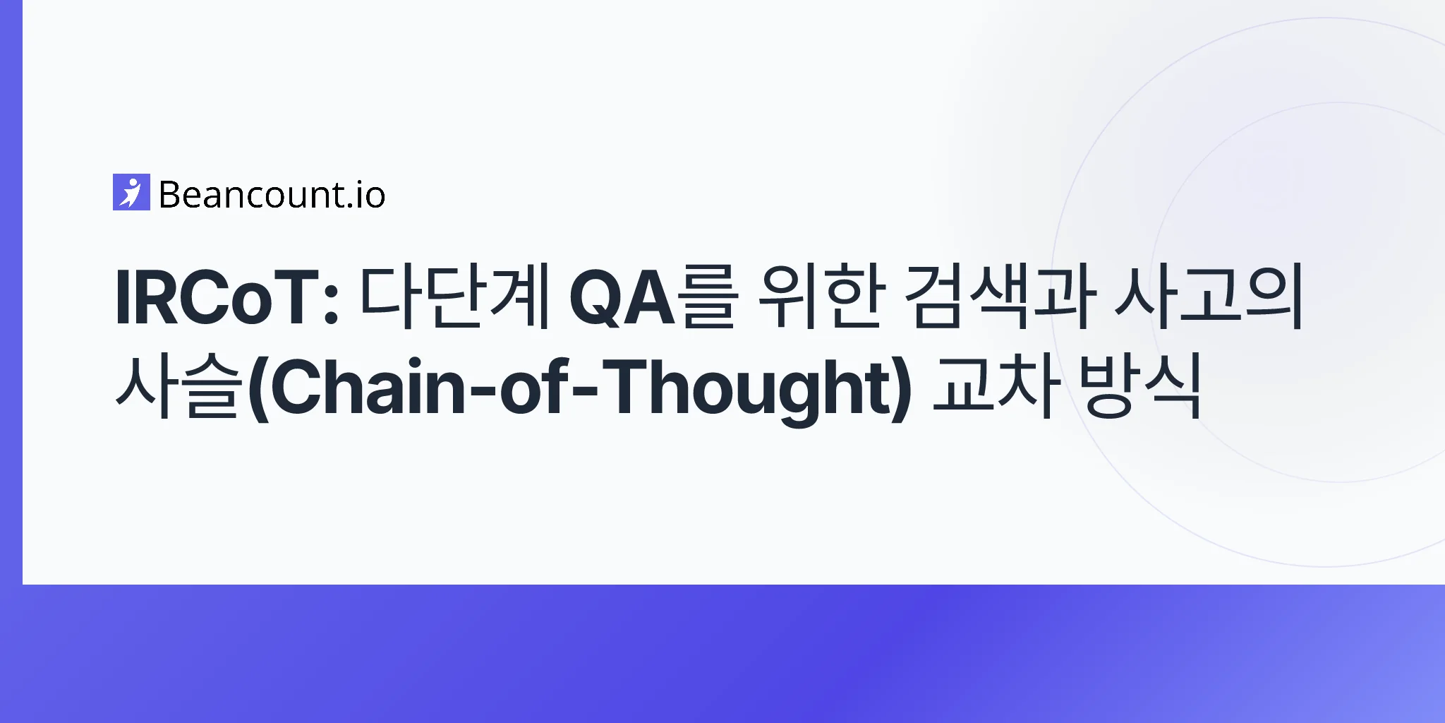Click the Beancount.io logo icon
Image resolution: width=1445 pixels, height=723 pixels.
[131, 192]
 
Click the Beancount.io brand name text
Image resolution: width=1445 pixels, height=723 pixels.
[272, 195]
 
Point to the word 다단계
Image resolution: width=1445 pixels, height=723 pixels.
[454, 297]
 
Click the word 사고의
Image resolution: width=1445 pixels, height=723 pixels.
[1208, 297]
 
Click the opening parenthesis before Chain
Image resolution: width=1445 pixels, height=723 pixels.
[258, 390]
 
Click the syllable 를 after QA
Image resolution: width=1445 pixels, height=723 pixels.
[706, 297]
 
